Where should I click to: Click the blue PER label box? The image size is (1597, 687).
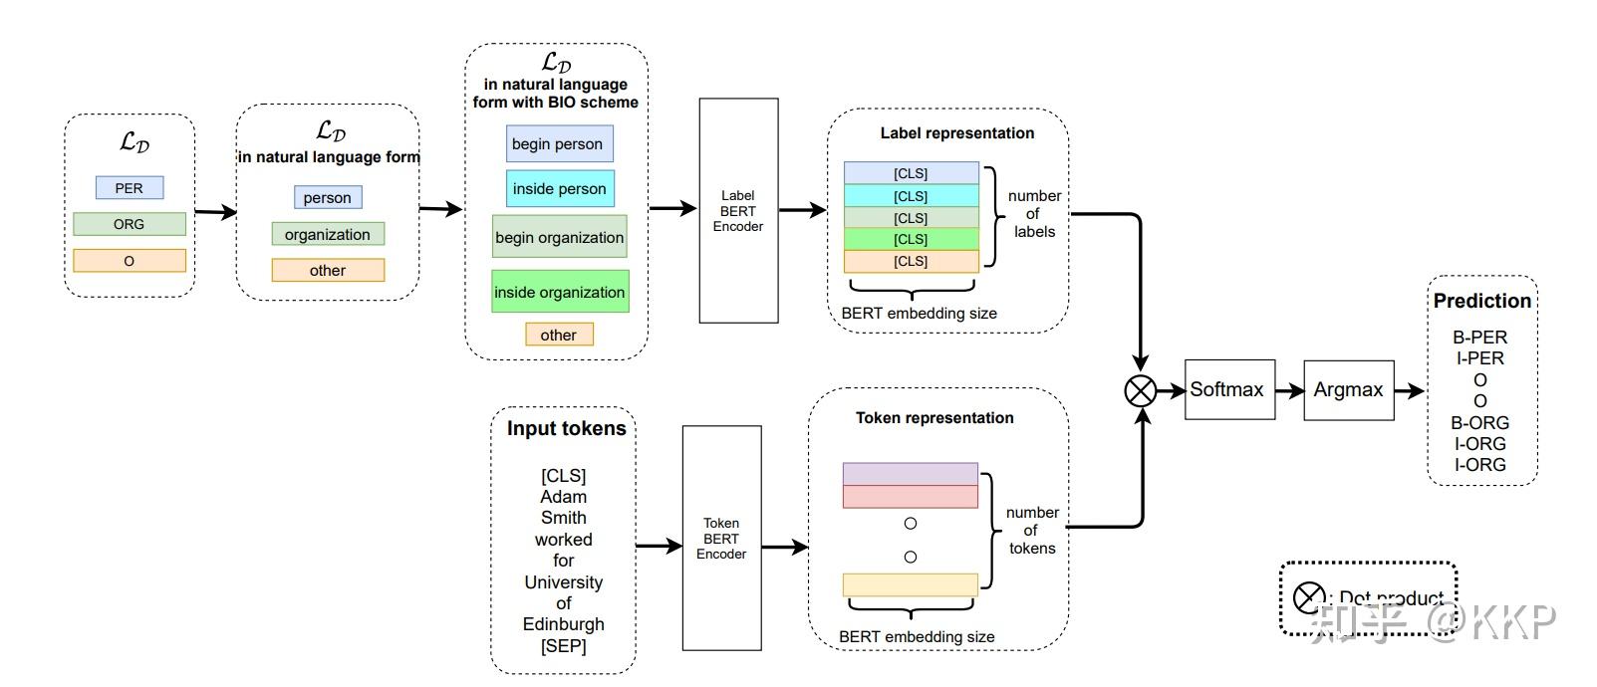coord(130,187)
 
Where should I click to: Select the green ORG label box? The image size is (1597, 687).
coord(130,224)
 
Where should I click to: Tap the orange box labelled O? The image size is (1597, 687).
coord(130,261)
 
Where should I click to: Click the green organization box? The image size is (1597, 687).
coord(328,234)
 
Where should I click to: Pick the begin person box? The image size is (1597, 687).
coord(559,143)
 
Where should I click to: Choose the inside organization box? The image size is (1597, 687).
coord(560,292)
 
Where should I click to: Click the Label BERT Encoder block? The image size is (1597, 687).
coord(738,211)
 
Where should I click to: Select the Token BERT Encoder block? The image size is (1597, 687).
coord(721,539)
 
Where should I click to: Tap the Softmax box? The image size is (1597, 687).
coord(1228,389)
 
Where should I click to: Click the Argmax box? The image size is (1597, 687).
coord(1348,390)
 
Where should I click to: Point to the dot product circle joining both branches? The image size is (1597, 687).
coord(1140,390)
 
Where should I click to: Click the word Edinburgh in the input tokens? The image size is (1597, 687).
coord(563,624)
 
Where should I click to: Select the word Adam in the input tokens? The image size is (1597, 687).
coord(563,497)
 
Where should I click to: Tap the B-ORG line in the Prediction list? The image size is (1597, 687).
coord(1479,422)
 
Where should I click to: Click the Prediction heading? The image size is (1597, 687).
coord(1481,301)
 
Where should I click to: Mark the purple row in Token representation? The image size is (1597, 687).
coord(910,473)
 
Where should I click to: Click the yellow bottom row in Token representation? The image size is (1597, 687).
coord(910,584)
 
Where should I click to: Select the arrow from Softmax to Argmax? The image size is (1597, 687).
coord(1289,390)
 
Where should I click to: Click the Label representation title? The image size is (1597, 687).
coord(956,133)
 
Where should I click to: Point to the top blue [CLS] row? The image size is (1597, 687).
coord(911,173)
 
